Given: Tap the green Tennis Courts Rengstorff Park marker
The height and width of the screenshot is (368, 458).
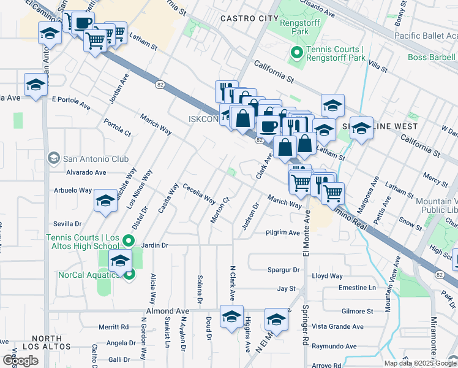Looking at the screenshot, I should (x=297, y=53).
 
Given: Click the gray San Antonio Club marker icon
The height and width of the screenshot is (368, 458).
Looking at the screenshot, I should (x=54, y=159).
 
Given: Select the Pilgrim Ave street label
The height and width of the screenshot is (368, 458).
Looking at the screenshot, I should (x=282, y=233).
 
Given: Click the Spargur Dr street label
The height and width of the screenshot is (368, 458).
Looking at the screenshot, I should (x=283, y=269).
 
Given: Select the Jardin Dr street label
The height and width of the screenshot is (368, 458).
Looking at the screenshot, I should (x=154, y=245).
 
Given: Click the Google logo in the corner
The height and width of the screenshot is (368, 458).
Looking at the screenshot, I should (x=20, y=361).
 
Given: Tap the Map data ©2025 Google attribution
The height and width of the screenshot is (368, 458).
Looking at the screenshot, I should (x=419, y=363).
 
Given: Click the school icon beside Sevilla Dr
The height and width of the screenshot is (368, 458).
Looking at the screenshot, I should (x=105, y=201).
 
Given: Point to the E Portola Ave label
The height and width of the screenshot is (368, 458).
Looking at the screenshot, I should (x=70, y=99).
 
